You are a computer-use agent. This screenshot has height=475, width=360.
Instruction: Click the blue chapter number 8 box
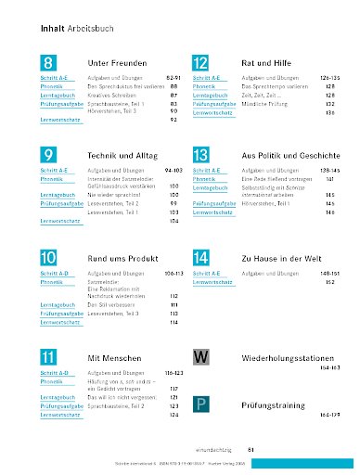[x=48, y=64]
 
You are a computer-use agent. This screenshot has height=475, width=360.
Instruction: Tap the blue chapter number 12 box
[x=199, y=64]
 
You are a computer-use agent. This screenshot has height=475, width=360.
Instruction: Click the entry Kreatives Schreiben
[x=110, y=95]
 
